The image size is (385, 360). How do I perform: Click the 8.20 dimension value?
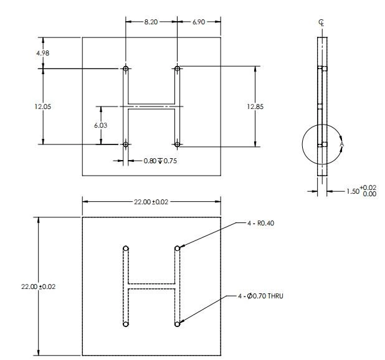151,21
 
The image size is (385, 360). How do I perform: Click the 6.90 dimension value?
198,21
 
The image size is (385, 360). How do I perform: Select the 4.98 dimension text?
42,53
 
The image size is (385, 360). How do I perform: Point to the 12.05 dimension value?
42,107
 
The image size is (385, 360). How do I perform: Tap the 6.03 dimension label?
101,125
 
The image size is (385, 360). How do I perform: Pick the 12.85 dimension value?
255,107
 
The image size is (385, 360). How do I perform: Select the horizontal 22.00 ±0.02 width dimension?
151,201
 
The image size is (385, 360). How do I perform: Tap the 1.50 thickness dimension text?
361,191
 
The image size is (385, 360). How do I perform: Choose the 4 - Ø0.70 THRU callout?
260,296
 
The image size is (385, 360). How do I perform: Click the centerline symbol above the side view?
321,22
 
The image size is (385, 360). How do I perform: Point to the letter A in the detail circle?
341,144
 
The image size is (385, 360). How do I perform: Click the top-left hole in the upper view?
126,68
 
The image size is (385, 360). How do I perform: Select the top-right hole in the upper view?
178,68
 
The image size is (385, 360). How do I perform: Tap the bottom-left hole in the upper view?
126,144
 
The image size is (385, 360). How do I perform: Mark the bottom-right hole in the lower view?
178,324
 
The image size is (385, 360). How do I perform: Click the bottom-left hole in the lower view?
126,324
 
